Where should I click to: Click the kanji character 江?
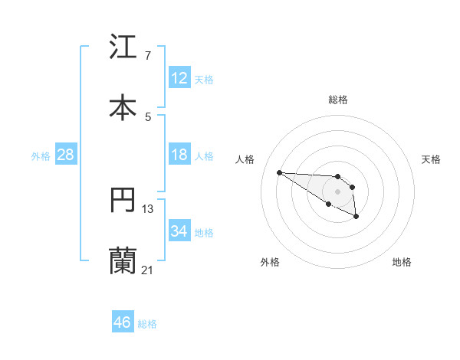click(123, 47)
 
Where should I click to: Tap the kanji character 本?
click(123, 106)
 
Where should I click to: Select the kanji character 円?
click(123, 200)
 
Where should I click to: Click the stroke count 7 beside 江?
click(148, 55)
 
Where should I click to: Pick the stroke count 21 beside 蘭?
click(147, 270)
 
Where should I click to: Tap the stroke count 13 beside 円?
click(148, 208)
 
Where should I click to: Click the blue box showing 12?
click(179, 78)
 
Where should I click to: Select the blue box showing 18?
click(179, 155)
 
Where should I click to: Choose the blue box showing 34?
click(179, 231)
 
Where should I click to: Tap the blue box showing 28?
click(66, 155)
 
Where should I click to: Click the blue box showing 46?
click(123, 322)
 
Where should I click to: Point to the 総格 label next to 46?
click(147, 324)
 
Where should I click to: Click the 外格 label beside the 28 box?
click(41, 156)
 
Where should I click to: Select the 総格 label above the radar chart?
click(338, 100)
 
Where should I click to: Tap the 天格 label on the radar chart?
click(431, 159)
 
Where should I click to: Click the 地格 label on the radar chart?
click(402, 262)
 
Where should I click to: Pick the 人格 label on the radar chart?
click(245, 159)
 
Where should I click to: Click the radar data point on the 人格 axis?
click(279, 172)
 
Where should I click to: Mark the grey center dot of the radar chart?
click(338, 191)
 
